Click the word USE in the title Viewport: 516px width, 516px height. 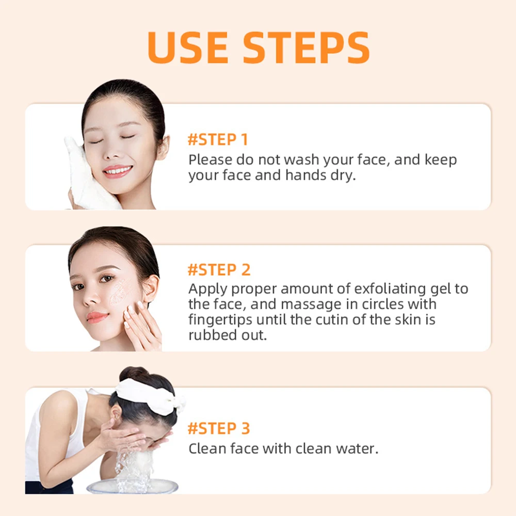pyautogui.click(x=188, y=47)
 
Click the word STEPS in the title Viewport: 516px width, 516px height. pyautogui.click(x=307, y=47)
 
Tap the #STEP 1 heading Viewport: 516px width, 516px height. pyautogui.click(x=218, y=140)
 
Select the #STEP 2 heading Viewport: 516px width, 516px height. pyautogui.click(x=219, y=270)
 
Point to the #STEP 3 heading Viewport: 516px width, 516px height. pyautogui.click(x=219, y=428)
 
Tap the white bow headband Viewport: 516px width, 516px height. pyautogui.click(x=150, y=395)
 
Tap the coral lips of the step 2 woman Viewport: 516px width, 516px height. pyautogui.click(x=98, y=317)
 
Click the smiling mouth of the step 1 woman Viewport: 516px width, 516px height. pyautogui.click(x=117, y=171)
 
